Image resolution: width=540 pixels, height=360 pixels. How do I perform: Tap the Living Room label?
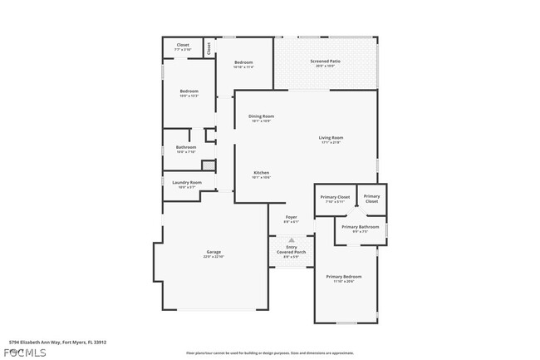pyautogui.click(x=331, y=138)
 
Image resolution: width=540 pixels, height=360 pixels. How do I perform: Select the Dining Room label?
pyautogui.click(x=262, y=116)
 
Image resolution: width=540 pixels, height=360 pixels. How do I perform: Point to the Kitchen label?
pyautogui.click(x=262, y=173)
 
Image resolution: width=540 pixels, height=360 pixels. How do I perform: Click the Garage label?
pyautogui.click(x=214, y=252)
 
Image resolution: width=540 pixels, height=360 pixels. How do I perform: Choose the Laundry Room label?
pyautogui.click(x=187, y=183)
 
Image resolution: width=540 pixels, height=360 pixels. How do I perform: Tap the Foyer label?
pyautogui.click(x=292, y=218)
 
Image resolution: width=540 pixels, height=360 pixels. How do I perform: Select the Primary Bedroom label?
pyautogui.click(x=344, y=277)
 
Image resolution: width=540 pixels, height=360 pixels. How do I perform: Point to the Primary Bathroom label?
pyautogui.click(x=360, y=227)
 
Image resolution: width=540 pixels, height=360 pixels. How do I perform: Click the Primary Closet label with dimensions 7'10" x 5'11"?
pyautogui.click(x=335, y=197)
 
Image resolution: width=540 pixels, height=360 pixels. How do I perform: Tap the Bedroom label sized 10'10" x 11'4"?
pyautogui.click(x=243, y=63)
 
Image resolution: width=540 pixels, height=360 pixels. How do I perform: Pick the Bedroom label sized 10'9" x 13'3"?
pyautogui.click(x=189, y=91)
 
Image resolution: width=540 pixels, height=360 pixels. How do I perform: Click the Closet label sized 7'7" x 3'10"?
pyautogui.click(x=183, y=46)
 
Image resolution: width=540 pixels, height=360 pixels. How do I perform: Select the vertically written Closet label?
pyautogui.click(x=209, y=47)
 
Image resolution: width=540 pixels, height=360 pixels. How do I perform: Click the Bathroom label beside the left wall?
pyautogui.click(x=186, y=148)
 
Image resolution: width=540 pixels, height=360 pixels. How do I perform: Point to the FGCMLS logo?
pyautogui.click(x=24, y=352)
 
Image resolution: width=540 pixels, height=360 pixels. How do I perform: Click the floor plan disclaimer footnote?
pyautogui.click(x=269, y=353)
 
